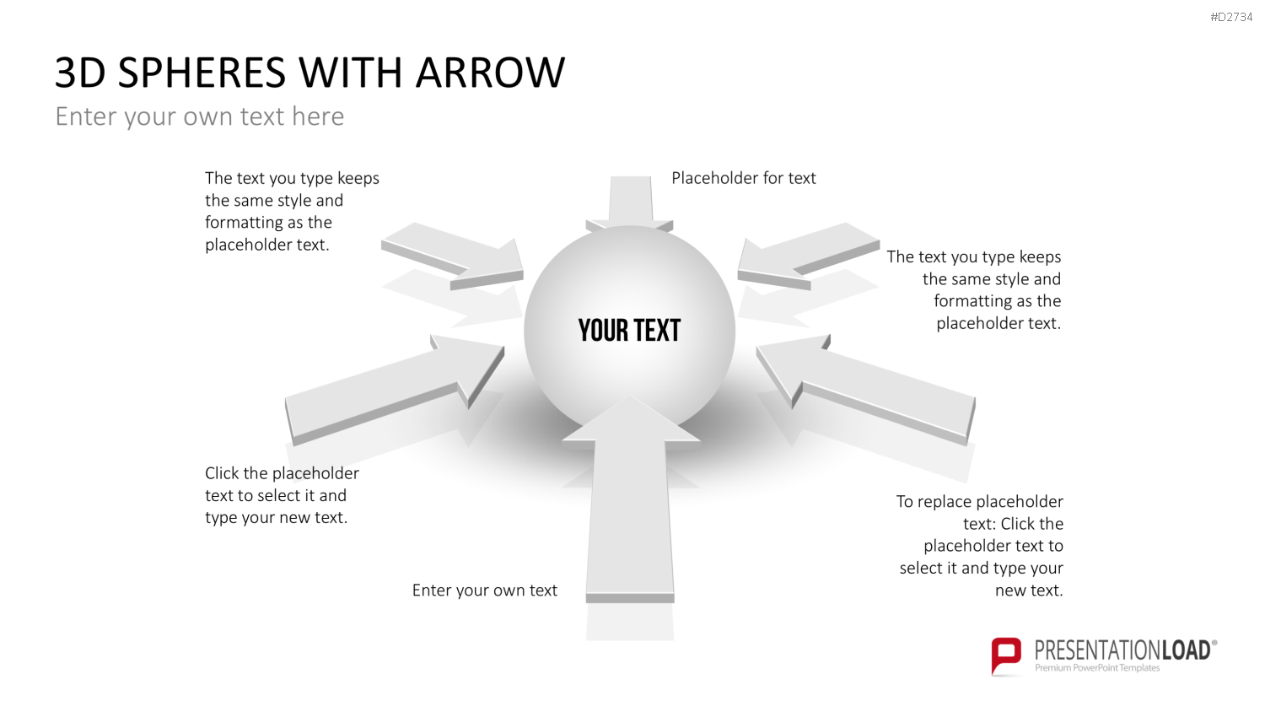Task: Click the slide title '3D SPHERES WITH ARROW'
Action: (x=310, y=73)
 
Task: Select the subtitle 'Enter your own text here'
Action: (x=199, y=116)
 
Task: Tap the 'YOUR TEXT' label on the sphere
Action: (x=629, y=331)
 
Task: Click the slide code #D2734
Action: (x=1231, y=17)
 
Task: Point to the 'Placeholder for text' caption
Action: (x=743, y=178)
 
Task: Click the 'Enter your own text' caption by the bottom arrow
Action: (x=485, y=591)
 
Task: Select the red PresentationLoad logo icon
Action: (x=1006, y=655)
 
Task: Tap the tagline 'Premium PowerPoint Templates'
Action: (x=1097, y=668)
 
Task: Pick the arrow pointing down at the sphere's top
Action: (x=630, y=202)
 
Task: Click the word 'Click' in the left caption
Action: (x=222, y=473)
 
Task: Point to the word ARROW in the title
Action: (x=490, y=73)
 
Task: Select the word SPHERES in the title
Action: (x=202, y=73)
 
